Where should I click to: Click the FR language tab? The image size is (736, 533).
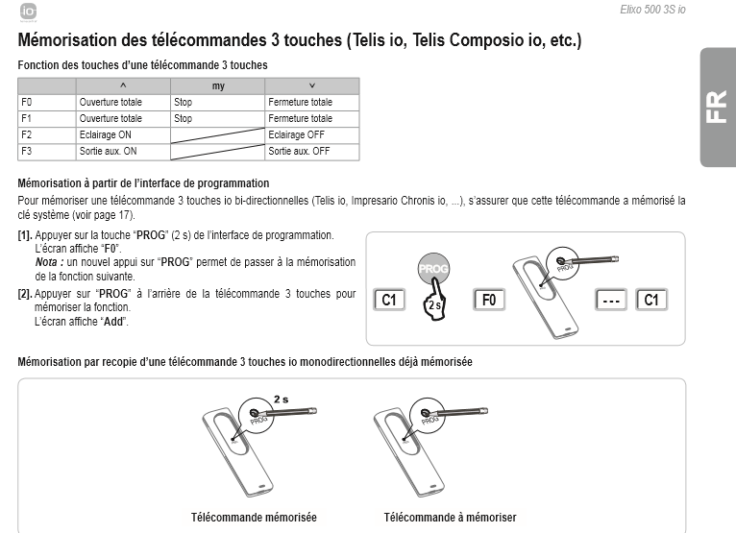click(717, 107)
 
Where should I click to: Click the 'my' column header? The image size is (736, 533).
click(218, 85)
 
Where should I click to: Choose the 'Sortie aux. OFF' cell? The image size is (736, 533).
click(299, 152)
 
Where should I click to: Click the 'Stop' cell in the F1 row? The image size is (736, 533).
click(184, 119)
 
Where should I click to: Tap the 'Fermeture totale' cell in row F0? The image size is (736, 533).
click(301, 102)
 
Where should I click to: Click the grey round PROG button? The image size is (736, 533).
click(433, 270)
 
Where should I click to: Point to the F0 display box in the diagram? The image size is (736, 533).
click(489, 300)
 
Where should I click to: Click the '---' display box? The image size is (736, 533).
click(611, 300)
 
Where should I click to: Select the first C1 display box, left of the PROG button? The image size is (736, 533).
click(390, 300)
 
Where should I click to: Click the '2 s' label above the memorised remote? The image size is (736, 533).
click(282, 399)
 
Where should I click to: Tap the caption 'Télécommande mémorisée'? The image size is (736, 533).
click(254, 517)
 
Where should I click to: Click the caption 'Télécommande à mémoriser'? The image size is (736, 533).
click(450, 517)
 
